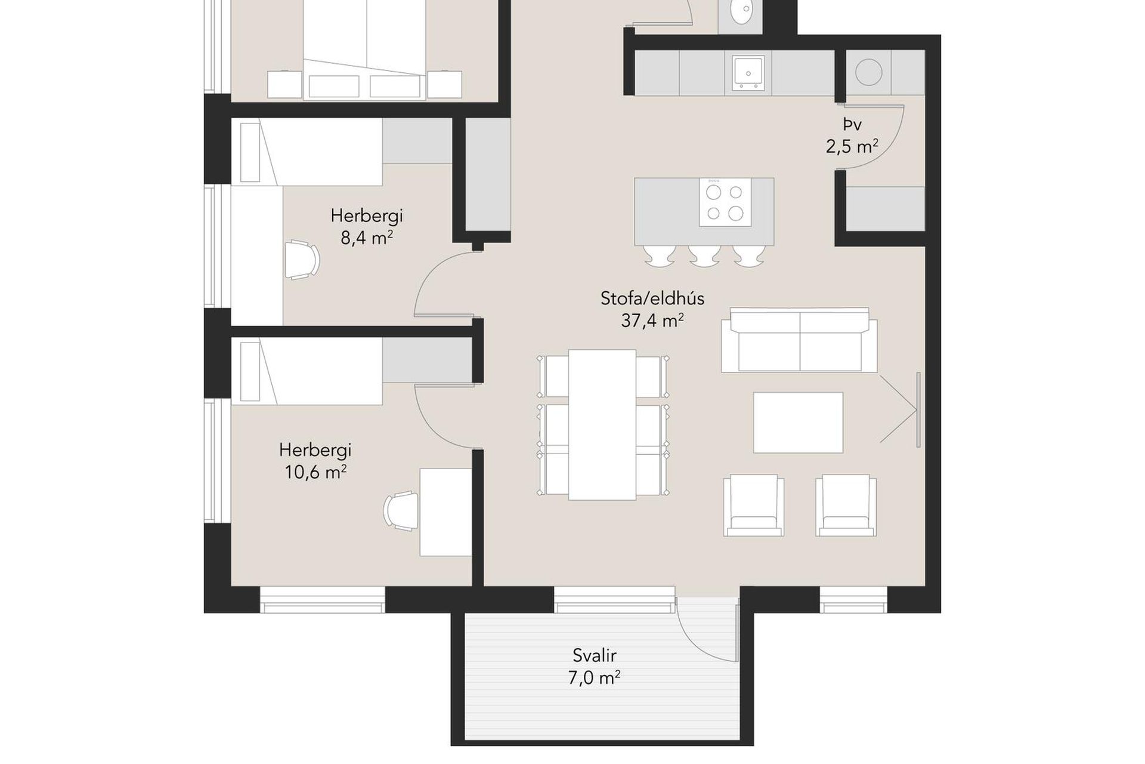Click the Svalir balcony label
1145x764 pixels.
[x=594, y=655]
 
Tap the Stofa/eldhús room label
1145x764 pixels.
[x=652, y=298]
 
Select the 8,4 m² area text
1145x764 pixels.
[x=367, y=238]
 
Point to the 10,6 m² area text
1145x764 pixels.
[x=315, y=472]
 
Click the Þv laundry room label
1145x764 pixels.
[x=852, y=125]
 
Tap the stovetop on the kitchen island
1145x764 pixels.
[x=725, y=202]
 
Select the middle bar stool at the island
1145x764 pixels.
[x=704, y=256]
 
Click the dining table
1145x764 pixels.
[x=602, y=424]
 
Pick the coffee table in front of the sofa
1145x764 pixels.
[x=798, y=423]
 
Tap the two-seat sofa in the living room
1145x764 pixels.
[x=799, y=340]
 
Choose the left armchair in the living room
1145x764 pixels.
[x=754, y=505]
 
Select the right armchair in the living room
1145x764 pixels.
[x=846, y=505]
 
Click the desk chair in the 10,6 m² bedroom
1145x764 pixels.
[x=401, y=510]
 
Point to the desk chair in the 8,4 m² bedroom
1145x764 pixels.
[x=302, y=260]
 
